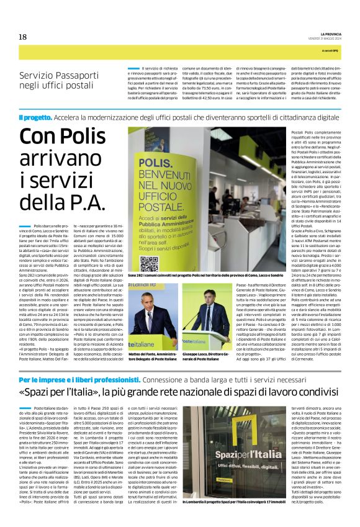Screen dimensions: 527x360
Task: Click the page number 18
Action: point(22,37)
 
